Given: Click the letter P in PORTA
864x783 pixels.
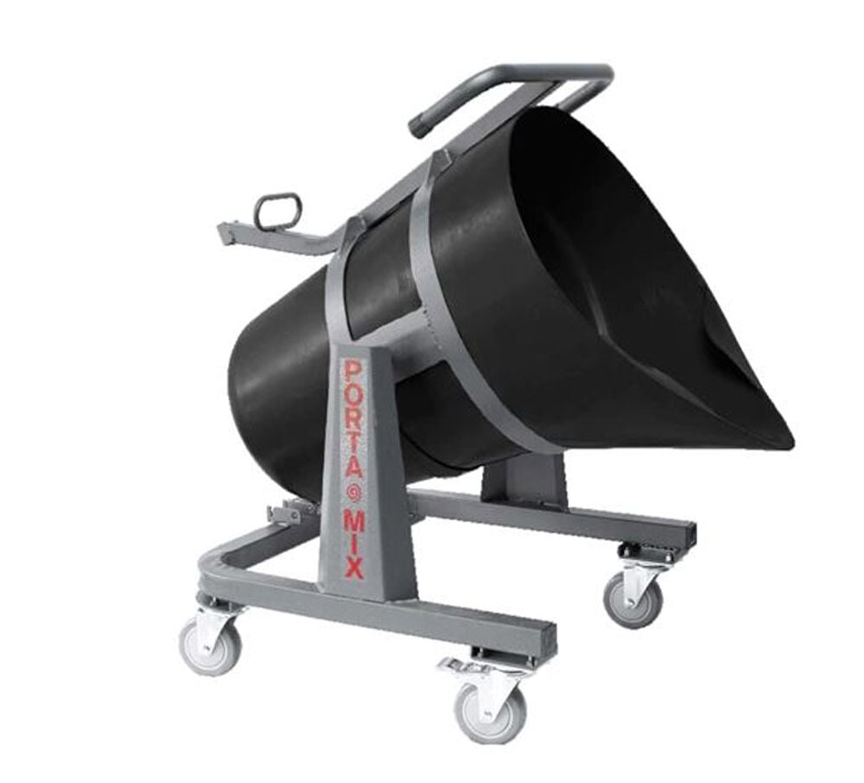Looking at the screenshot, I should point(352,372).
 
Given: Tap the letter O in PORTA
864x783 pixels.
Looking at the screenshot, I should point(353,400).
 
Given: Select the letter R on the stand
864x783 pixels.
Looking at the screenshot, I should point(353,429).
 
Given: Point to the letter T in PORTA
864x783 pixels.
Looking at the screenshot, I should point(354,455).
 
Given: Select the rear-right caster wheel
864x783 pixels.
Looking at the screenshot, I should point(633,597).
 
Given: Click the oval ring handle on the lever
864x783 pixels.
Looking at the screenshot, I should point(277,211).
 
